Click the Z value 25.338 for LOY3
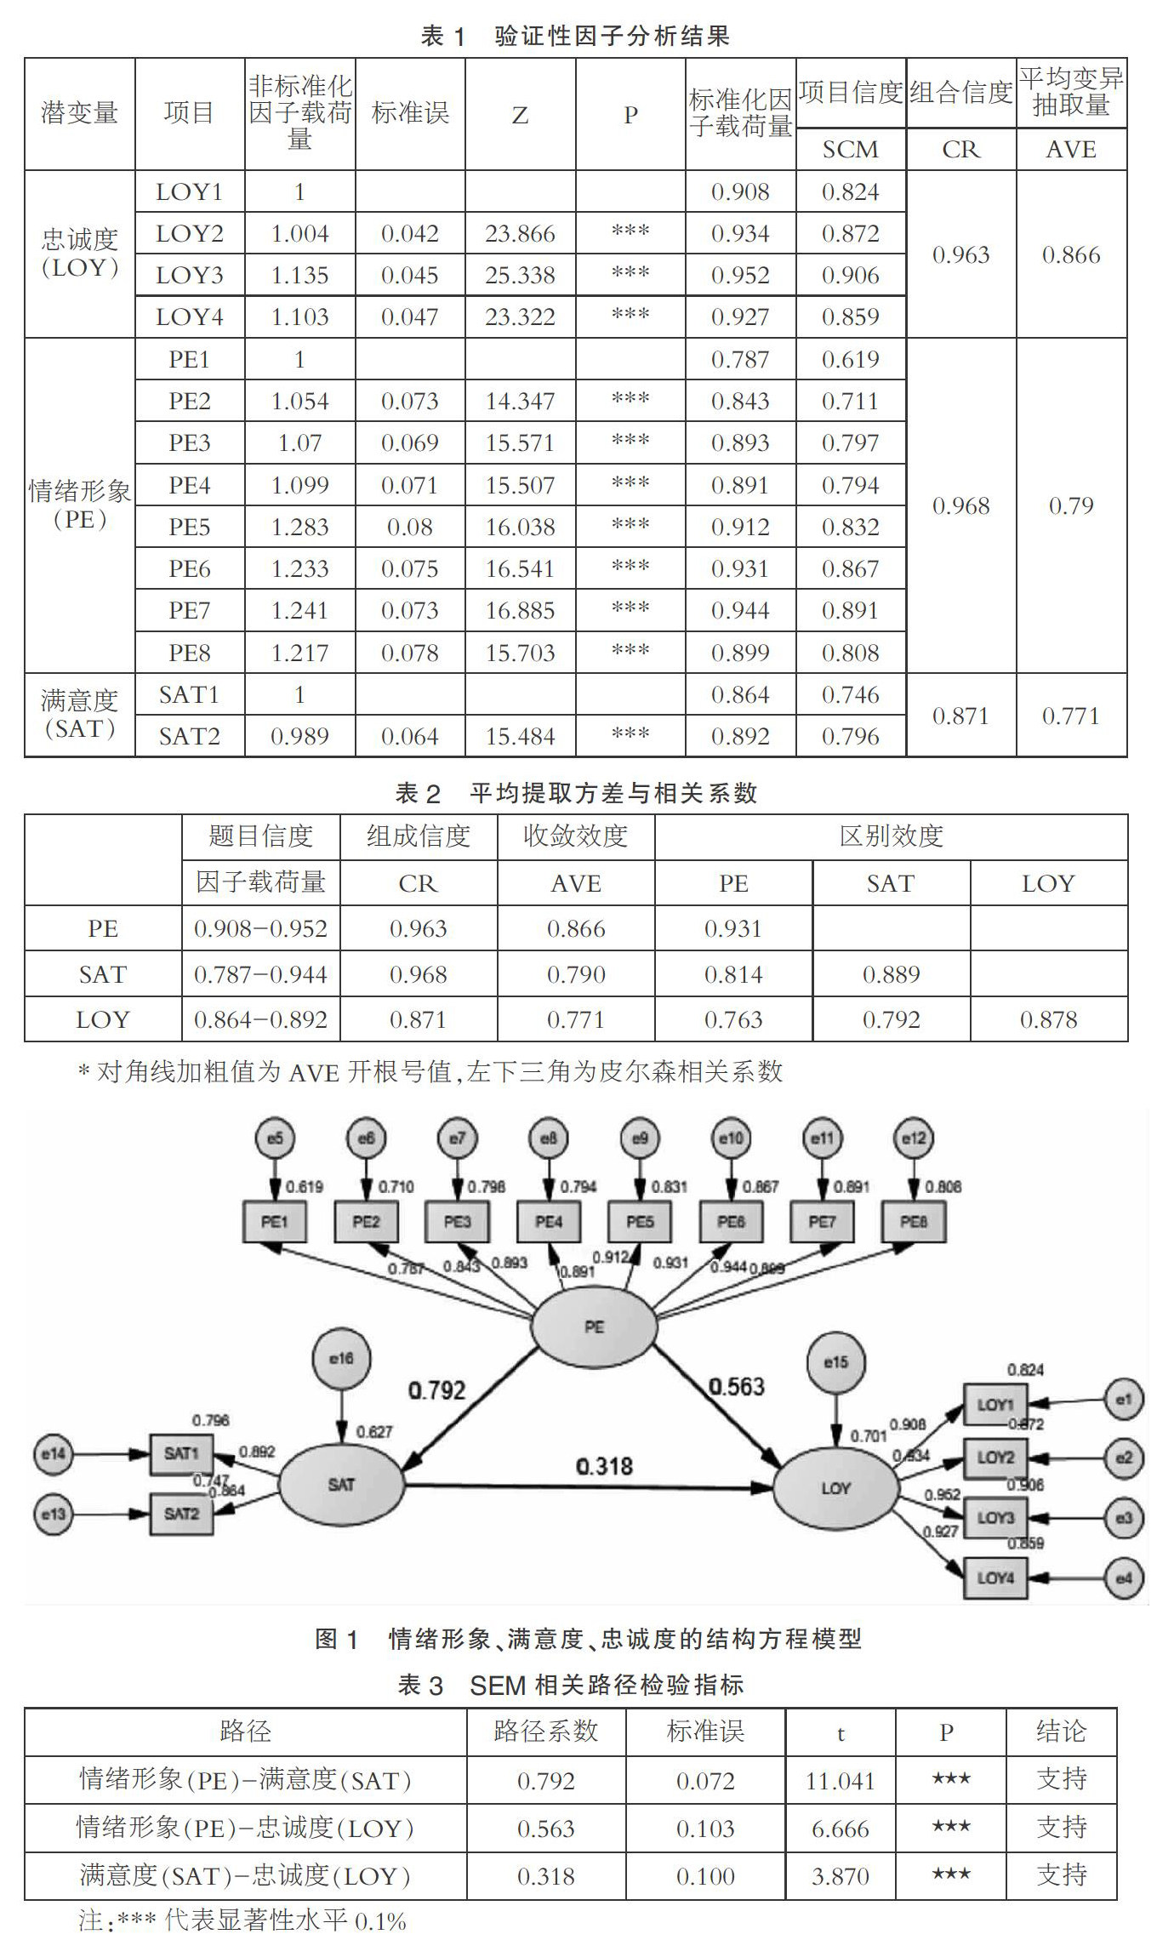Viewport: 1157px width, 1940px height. tap(520, 276)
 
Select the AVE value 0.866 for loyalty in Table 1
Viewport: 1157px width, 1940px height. tap(1071, 254)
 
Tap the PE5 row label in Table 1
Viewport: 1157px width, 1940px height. tap(189, 527)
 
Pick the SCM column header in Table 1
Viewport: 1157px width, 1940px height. tap(850, 150)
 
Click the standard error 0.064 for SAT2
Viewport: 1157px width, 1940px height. tap(409, 736)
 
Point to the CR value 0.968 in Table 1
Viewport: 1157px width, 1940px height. tap(960, 505)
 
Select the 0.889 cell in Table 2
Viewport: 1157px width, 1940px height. tap(891, 974)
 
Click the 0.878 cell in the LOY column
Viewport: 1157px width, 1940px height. tap(1048, 1019)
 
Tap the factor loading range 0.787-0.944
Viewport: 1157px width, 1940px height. tap(260, 974)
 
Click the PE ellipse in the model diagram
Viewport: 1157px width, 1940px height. tap(594, 1327)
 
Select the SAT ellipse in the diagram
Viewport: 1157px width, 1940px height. tap(341, 1485)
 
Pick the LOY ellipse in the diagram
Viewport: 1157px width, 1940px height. tap(835, 1488)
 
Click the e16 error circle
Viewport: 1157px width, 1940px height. tap(341, 1359)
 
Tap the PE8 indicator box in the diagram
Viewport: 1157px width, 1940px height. tap(913, 1222)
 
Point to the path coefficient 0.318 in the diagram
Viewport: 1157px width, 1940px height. tap(604, 1466)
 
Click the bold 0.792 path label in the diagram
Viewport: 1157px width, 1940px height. tap(436, 1390)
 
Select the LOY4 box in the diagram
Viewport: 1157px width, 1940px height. tap(995, 1578)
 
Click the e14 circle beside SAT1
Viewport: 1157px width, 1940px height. tap(53, 1454)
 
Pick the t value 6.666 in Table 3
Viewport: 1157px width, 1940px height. tap(841, 1829)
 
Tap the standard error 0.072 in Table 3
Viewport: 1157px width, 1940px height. tap(705, 1781)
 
